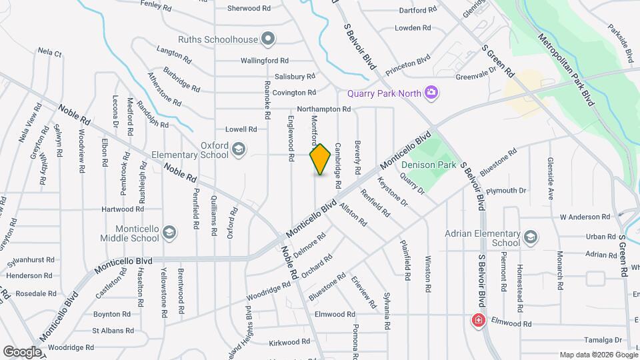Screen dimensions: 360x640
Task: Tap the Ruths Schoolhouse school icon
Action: (x=268, y=39)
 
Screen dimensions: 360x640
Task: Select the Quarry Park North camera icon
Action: (x=431, y=91)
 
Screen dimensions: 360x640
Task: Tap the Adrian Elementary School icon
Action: (x=531, y=238)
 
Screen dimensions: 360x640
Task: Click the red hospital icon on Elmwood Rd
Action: (x=478, y=321)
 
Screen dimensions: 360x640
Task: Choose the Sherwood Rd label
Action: (x=249, y=9)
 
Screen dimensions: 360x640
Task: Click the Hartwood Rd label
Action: (x=123, y=209)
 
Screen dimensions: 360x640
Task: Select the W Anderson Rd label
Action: (x=585, y=217)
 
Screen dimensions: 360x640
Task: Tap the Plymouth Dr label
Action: (x=506, y=191)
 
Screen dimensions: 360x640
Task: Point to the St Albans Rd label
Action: (x=112, y=330)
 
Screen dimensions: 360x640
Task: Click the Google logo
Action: (x=21, y=351)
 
